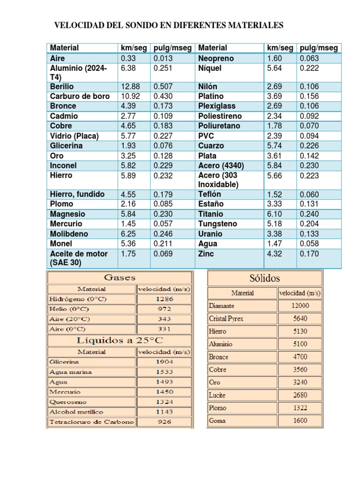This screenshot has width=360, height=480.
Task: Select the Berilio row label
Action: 62,87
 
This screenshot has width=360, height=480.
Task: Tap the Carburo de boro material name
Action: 80,97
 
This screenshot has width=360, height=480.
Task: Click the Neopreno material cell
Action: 216,59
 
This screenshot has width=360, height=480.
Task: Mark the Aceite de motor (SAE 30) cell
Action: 79,258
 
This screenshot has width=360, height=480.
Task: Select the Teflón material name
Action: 210,194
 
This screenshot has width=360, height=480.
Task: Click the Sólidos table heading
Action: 265,278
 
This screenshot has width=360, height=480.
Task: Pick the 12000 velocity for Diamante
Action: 300,306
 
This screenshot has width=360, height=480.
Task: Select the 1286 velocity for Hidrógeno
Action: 164,299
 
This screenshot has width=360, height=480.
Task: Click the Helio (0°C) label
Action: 68,309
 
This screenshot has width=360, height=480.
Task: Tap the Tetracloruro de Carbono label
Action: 91,422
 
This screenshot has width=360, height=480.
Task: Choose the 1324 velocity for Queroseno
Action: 164,402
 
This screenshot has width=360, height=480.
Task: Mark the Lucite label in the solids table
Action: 217,395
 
